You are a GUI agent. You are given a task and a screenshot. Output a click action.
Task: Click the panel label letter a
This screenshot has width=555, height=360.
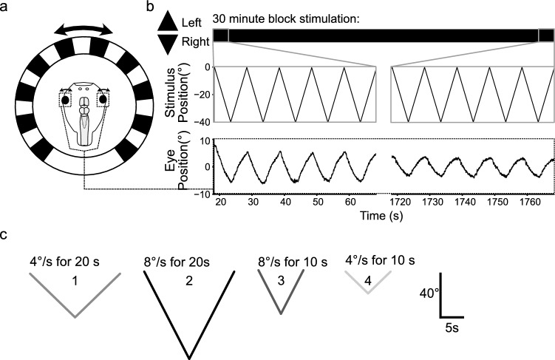7,7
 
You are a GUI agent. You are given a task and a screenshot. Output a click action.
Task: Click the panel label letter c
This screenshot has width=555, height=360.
6,236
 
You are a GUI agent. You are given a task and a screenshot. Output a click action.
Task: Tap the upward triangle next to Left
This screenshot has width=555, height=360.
168,22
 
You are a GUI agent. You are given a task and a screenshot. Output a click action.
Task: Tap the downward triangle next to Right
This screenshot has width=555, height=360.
168,44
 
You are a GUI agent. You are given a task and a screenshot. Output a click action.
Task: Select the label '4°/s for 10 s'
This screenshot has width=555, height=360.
381,260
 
